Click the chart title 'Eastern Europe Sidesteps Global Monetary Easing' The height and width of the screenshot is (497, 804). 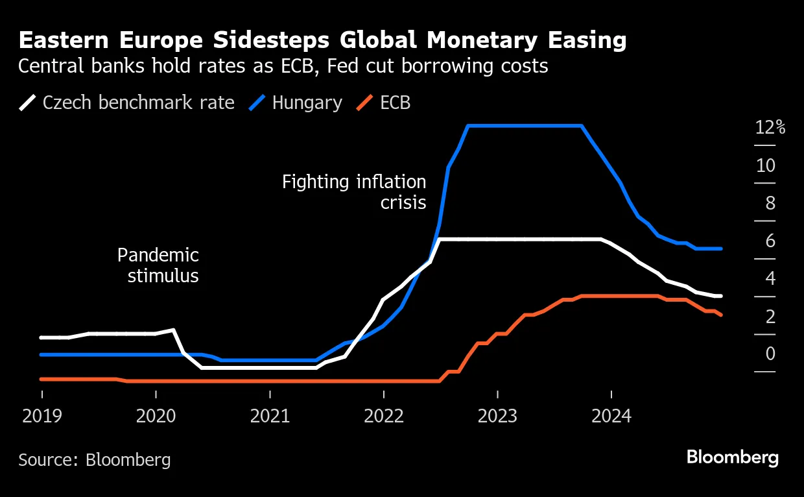click(x=322, y=41)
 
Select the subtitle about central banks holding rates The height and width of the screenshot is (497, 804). click(x=283, y=66)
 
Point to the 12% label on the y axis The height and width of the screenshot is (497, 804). click(x=770, y=128)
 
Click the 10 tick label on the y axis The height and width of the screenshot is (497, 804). click(x=766, y=165)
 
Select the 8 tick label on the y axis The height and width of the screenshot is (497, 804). click(x=770, y=203)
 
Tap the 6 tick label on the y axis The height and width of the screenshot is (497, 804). click(x=770, y=241)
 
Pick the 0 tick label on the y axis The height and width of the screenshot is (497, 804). click(x=770, y=354)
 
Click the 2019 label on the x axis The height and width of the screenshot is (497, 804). click(x=42, y=415)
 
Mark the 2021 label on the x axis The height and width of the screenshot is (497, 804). click(x=270, y=415)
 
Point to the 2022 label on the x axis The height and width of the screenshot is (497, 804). click(x=384, y=415)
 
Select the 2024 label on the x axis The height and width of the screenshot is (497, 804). click(x=611, y=415)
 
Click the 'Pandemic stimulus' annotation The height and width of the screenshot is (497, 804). click(x=158, y=265)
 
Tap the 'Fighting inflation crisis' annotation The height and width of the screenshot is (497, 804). click(x=354, y=192)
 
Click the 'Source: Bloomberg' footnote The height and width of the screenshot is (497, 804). click(x=95, y=460)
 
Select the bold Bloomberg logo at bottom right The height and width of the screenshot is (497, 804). click(x=732, y=457)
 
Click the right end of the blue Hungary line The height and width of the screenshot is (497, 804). click(x=720, y=248)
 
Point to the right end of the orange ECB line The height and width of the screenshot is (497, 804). click(x=720, y=315)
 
